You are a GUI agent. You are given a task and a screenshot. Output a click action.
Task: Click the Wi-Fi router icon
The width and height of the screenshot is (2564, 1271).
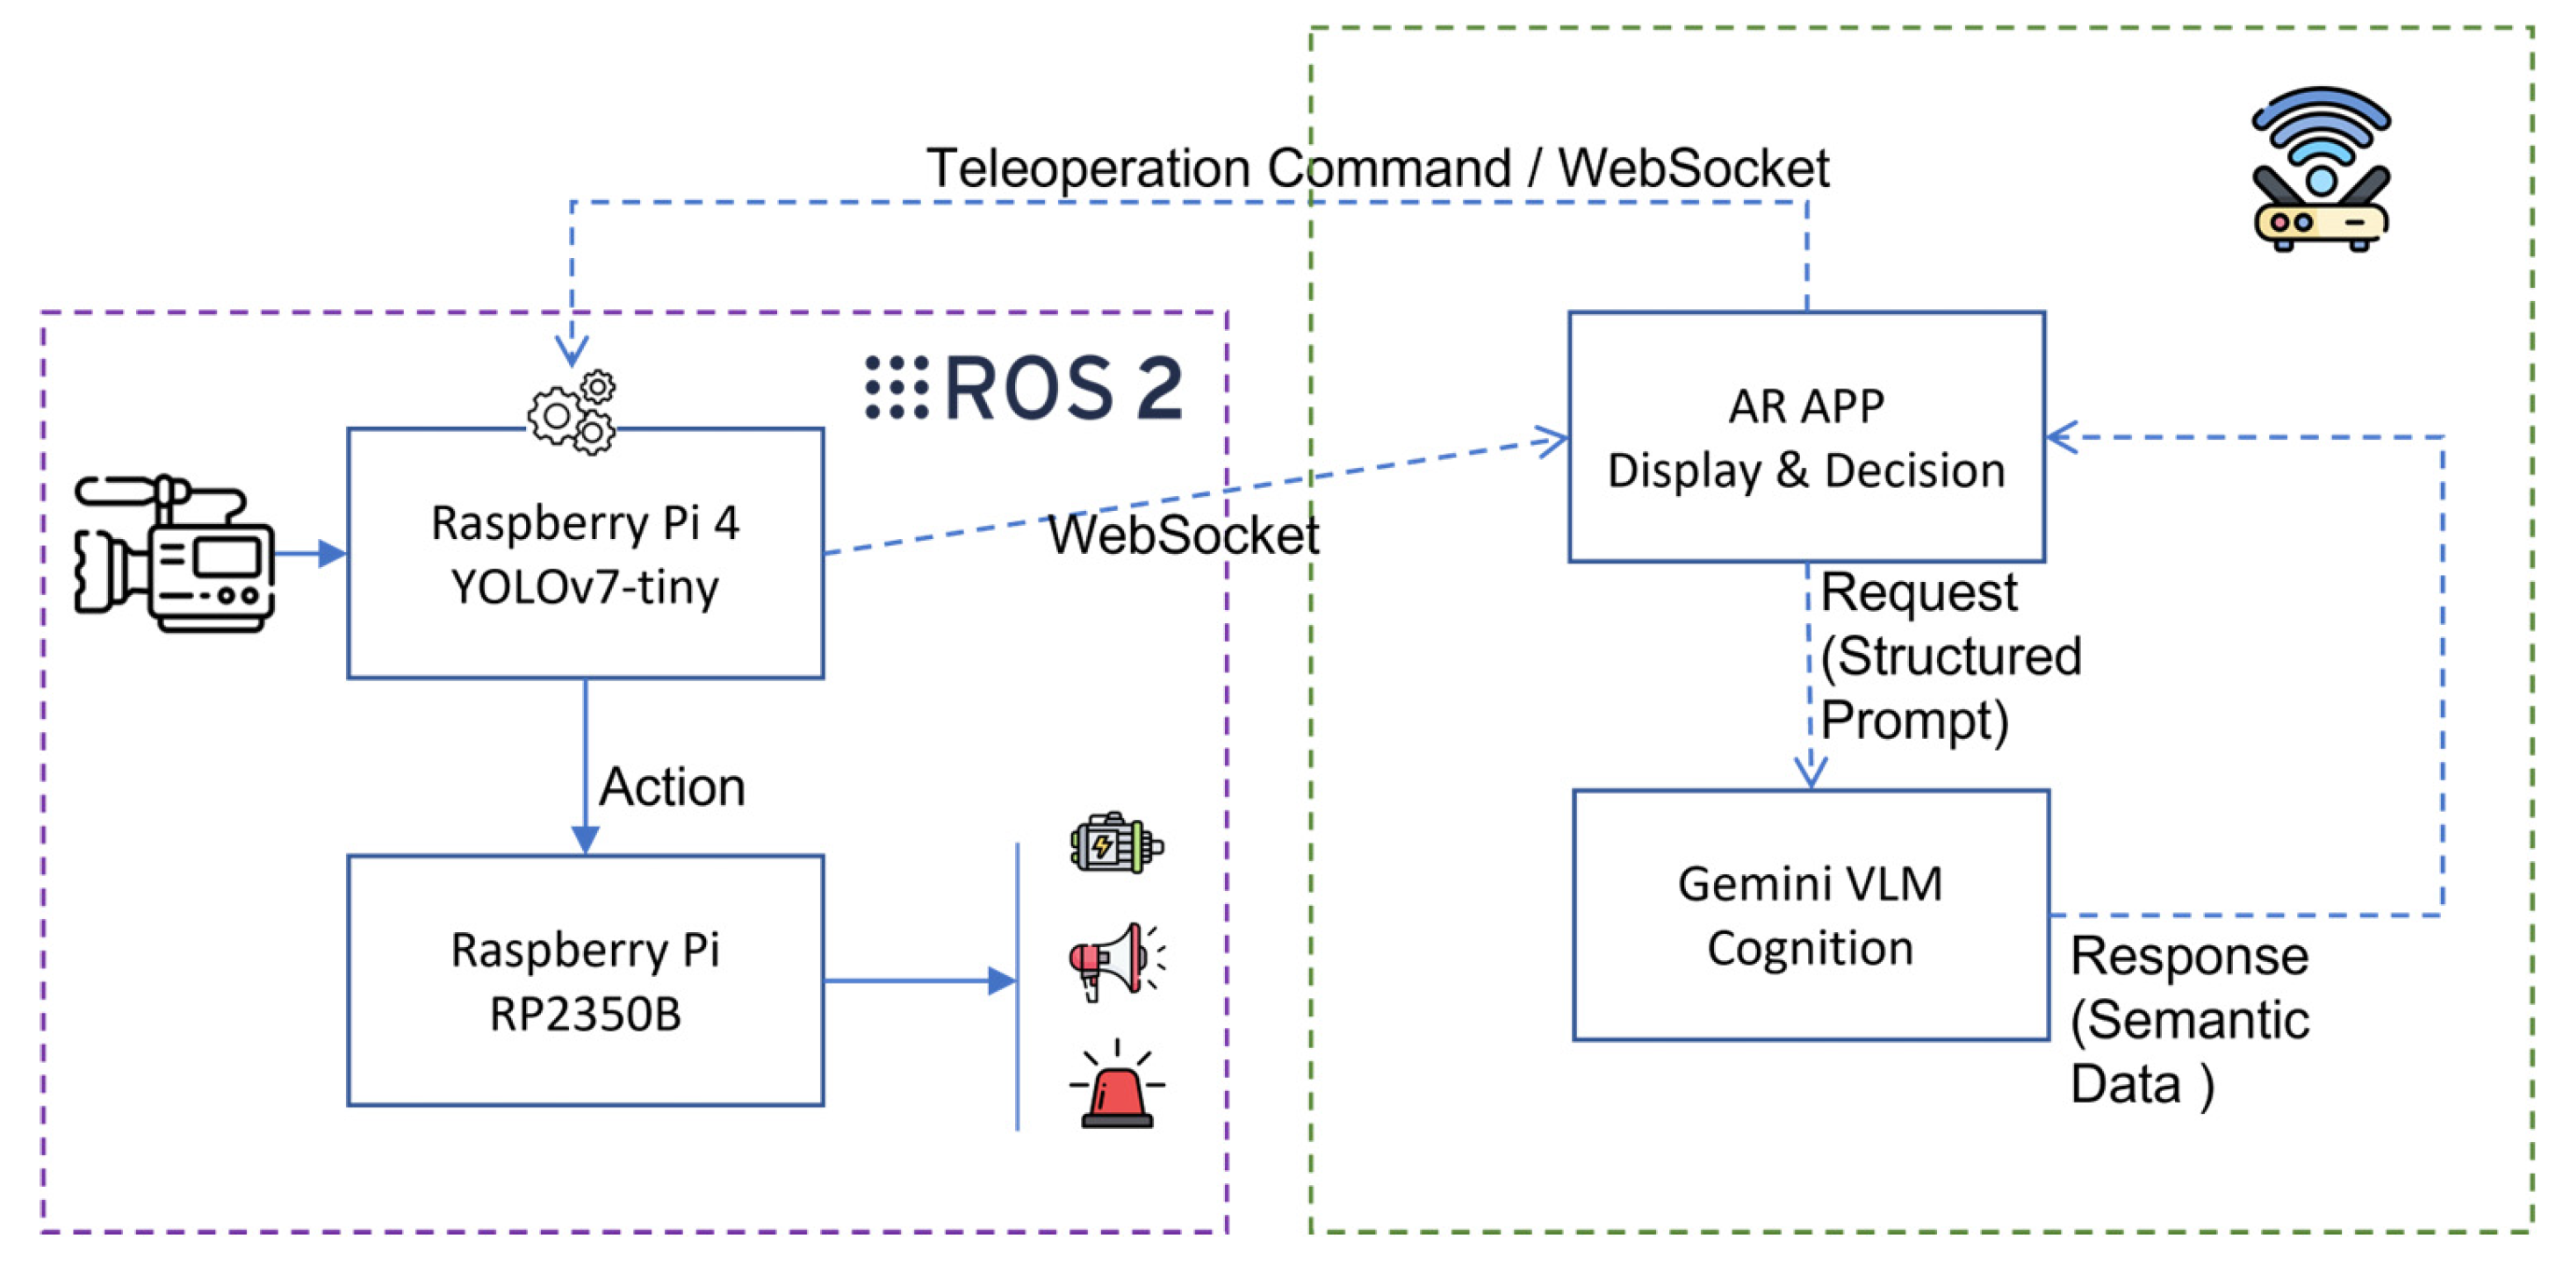(2321, 169)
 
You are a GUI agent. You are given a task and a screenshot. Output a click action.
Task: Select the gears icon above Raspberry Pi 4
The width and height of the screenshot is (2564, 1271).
(573, 413)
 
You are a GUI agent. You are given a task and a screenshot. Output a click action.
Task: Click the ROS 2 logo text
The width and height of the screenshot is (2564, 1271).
(1026, 387)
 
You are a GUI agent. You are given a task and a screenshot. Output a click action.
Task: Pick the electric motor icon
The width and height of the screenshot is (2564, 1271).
(1116, 844)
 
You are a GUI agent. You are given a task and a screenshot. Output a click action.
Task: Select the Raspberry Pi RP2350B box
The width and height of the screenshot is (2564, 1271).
(586, 980)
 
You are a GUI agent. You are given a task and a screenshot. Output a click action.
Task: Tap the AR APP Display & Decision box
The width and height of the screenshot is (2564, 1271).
(1806, 437)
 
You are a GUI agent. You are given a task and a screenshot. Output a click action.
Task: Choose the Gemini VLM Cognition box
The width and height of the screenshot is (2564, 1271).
(1811, 915)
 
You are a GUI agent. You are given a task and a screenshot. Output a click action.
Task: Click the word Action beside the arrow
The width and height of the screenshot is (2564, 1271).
(672, 787)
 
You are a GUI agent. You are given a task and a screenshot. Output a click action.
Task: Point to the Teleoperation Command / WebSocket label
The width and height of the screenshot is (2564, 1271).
(1378, 167)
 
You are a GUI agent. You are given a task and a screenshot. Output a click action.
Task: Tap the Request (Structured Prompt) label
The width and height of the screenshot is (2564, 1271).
(1948, 657)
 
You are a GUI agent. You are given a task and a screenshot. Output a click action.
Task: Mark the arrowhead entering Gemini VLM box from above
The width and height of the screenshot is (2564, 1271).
(1811, 772)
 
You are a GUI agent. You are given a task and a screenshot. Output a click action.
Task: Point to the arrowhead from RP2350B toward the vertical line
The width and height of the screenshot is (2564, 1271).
(1001, 980)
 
